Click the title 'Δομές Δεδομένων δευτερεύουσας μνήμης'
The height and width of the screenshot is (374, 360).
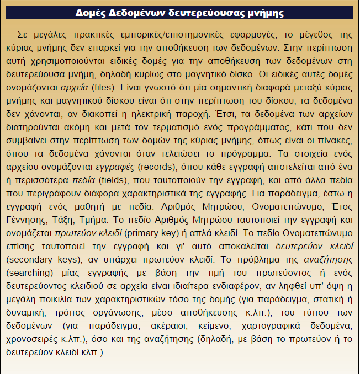179,12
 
